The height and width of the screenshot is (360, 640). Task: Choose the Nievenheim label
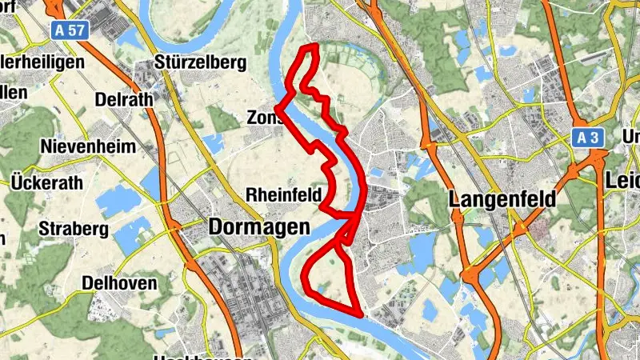pyautogui.click(x=88, y=146)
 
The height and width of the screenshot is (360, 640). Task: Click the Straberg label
pyautogui.click(x=74, y=230)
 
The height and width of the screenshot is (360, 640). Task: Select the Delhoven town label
pyautogui.click(x=119, y=283)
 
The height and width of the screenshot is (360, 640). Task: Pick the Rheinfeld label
pyautogui.click(x=283, y=194)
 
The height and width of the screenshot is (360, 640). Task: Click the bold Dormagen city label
pyautogui.click(x=258, y=227)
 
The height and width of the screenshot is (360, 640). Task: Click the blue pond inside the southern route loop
pyautogui.click(x=322, y=286)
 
